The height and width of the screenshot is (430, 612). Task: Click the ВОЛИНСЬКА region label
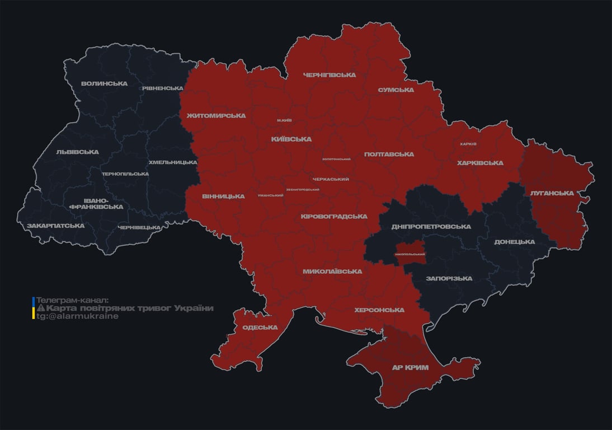tap(104, 84)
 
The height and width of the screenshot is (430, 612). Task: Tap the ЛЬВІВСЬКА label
tap(77, 152)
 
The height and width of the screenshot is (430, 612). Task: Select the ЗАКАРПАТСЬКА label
tap(55, 226)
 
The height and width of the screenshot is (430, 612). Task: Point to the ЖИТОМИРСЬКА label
tap(216, 116)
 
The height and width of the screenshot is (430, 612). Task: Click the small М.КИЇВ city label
tap(284, 120)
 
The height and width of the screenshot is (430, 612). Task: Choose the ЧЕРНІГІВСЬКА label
tap(329, 75)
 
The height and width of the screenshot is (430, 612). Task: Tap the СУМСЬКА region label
tap(396, 90)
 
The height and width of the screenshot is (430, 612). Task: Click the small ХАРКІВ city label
tap(468, 144)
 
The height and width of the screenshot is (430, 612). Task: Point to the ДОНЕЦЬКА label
tap(514, 242)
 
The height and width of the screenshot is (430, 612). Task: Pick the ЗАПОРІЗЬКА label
tap(449, 278)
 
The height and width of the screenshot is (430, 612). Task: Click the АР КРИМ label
tap(410, 368)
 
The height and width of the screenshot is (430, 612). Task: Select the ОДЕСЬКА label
tap(260, 328)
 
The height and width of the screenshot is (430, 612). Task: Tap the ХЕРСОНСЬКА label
tap(379, 310)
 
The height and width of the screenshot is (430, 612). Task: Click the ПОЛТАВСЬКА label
tap(389, 155)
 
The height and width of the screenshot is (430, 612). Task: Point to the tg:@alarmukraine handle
tap(77, 316)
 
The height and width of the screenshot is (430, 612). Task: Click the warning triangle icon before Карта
tap(40, 309)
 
